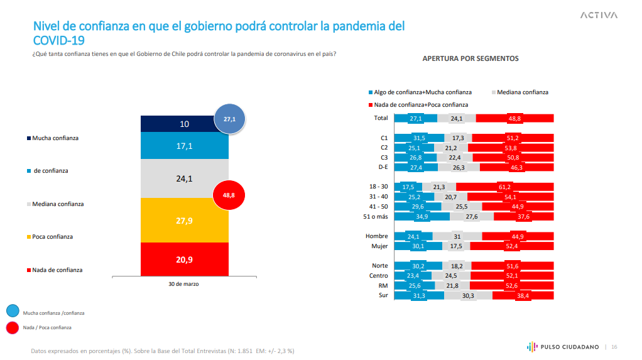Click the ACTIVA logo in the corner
pyautogui.click(x=599, y=15)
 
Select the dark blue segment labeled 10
pyautogui.click(x=184, y=124)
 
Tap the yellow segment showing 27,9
pyautogui.click(x=184, y=220)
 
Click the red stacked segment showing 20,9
pyautogui.click(x=184, y=259)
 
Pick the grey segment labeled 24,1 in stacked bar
pyautogui.click(x=184, y=178)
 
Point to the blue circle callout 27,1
pyautogui.click(x=229, y=119)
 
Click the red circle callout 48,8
pyautogui.click(x=229, y=195)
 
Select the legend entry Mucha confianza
pyautogui.click(x=56, y=138)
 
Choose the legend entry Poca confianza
pyautogui.click(x=53, y=237)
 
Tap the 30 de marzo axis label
pyautogui.click(x=184, y=284)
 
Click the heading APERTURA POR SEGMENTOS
pyautogui.click(x=471, y=58)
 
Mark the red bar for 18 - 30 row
pyautogui.click(x=504, y=187)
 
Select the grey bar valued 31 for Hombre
pyautogui.click(x=457, y=236)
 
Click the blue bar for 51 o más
pyautogui.click(x=422, y=217)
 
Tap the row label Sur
pyautogui.click(x=383, y=295)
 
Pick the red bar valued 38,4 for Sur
pyautogui.click(x=523, y=295)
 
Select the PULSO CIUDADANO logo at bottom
pyautogui.click(x=562, y=346)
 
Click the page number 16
pyautogui.click(x=614, y=346)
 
